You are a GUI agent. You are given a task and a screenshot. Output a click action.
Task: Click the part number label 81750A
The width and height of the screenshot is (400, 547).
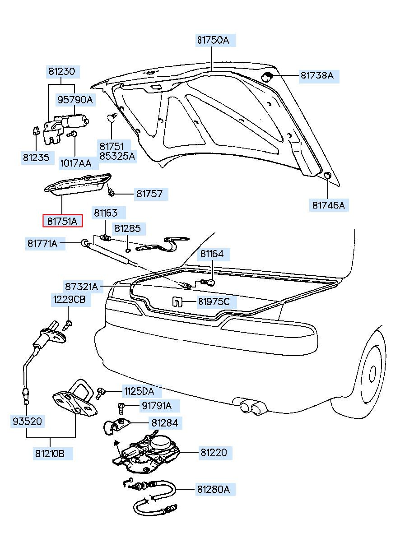pyautogui.click(x=213, y=40)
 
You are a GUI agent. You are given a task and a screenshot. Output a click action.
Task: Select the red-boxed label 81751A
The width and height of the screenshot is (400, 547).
pyautogui.click(x=63, y=221)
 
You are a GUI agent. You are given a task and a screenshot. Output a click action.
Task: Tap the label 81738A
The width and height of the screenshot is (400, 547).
pyautogui.click(x=317, y=76)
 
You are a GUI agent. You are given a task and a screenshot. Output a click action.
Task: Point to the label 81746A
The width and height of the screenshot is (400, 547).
pyautogui.click(x=328, y=205)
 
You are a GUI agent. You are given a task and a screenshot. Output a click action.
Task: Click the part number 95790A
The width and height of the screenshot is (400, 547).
pyautogui.click(x=74, y=100)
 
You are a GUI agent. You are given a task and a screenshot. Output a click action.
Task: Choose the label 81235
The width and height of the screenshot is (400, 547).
pyautogui.click(x=36, y=158)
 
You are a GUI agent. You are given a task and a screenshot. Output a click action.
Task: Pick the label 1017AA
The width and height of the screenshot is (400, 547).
pyautogui.click(x=75, y=162)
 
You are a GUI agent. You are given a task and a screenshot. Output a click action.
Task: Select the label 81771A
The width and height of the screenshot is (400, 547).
pyautogui.click(x=42, y=244)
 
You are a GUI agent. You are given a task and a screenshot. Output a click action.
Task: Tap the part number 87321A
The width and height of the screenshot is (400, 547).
pyautogui.click(x=81, y=287)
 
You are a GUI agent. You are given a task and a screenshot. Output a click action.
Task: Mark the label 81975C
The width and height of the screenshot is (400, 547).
pyautogui.click(x=214, y=301)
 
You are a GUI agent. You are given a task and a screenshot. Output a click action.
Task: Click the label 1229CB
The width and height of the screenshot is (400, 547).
pyautogui.click(x=69, y=299)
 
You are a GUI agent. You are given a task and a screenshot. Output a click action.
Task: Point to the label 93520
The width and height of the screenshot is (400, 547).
pyautogui.click(x=27, y=422)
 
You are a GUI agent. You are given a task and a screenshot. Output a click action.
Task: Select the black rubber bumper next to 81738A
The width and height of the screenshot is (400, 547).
pyautogui.click(x=268, y=76)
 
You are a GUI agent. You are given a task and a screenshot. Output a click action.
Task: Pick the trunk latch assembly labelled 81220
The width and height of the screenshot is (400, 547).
pyautogui.click(x=147, y=451)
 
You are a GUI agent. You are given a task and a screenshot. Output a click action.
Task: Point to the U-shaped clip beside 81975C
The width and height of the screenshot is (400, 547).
pyautogui.click(x=177, y=301)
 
